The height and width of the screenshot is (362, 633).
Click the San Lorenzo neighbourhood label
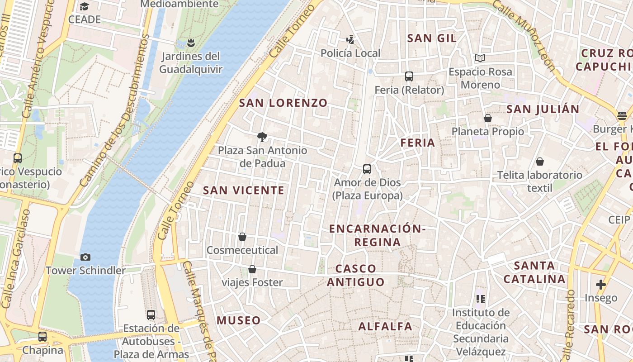pos(283,103)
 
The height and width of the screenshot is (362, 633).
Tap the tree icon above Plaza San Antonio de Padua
pos(262,137)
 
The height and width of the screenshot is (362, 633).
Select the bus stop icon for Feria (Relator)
pos(409,76)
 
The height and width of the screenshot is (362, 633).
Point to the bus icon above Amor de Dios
pos(367,169)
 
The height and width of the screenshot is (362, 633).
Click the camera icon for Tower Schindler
pos(85,257)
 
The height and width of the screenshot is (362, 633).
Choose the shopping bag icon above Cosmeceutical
pos(242,237)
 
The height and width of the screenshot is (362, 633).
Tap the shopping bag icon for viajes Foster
pos(252,269)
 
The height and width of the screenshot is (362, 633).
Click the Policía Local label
pos(350,53)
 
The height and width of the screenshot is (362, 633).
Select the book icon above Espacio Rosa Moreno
pos(480,58)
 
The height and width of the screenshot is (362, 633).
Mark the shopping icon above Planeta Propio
pos(488,118)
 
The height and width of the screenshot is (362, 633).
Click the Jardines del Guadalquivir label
pos(190,63)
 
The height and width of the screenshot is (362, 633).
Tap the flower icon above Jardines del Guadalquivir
pos(191,43)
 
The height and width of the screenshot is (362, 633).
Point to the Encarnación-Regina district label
pos(377,235)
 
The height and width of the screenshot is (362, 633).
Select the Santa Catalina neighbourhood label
pos(534,272)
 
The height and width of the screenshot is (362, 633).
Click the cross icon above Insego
pos(600,285)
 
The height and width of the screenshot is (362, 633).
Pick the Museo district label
pos(238,320)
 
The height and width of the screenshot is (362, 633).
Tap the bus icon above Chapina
pos(43,337)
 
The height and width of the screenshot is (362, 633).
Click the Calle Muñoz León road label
pos(524,34)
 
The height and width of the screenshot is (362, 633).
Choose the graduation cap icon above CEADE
pos(84,6)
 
